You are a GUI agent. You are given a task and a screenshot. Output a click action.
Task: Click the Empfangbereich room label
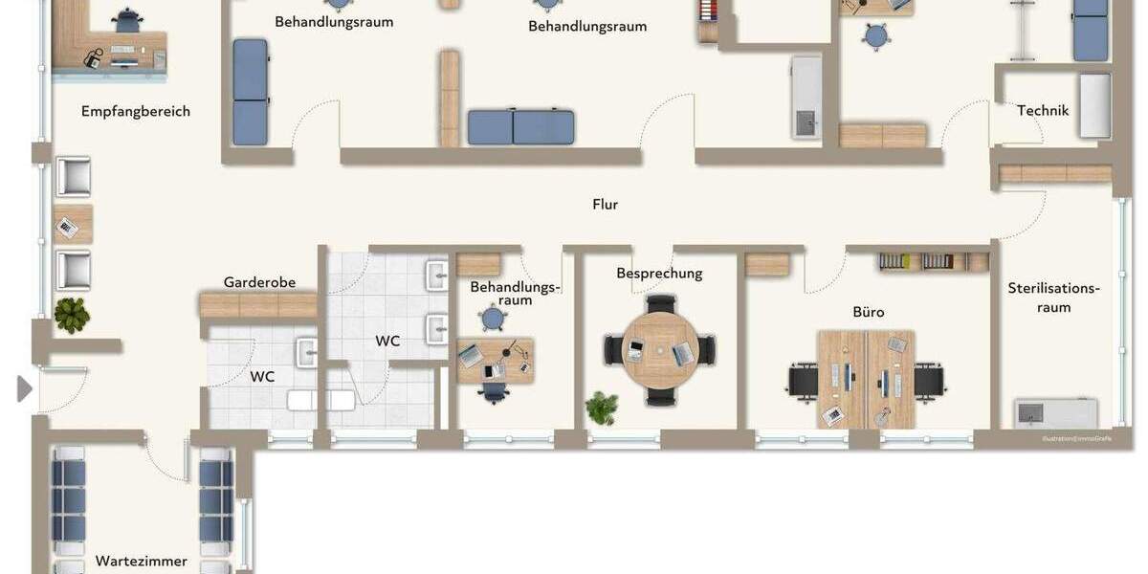[x=136, y=111]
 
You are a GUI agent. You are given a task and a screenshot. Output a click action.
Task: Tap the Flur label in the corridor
[x=606, y=204]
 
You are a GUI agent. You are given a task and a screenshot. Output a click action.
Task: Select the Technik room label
[x=1043, y=110]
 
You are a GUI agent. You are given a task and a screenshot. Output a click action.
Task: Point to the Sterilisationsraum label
[x=1053, y=298]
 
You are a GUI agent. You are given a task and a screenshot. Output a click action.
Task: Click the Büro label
[x=869, y=312]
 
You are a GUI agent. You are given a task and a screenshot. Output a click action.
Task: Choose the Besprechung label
[x=659, y=274]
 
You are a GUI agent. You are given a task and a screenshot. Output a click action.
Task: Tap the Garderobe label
[x=259, y=282]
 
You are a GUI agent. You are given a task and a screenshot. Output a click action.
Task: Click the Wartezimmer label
[x=142, y=561]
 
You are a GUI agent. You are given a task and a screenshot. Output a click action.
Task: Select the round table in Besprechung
[x=660, y=350]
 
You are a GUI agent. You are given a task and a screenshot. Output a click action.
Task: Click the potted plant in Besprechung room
[x=602, y=407]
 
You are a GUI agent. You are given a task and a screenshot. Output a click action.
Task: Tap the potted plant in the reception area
[x=72, y=315]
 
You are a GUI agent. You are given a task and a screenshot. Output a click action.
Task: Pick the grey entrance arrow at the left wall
[x=25, y=388]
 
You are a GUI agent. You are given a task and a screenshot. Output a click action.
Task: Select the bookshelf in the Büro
[x=933, y=261]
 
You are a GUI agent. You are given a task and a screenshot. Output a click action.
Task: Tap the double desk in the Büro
[x=866, y=379]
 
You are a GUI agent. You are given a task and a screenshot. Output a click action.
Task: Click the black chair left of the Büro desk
[x=802, y=382]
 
